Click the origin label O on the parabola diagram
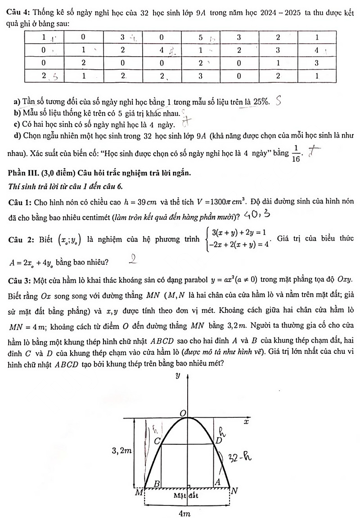(x=183, y=413)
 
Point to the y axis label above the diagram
(x=178, y=375)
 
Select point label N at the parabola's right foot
(x=234, y=491)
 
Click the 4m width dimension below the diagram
(x=184, y=513)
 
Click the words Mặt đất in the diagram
(x=187, y=496)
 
